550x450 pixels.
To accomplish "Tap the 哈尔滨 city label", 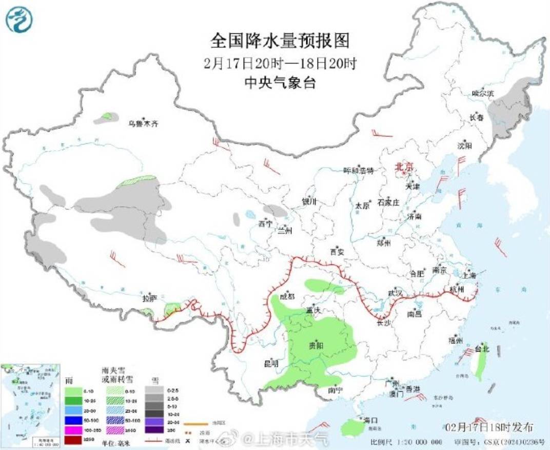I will [x=483, y=94].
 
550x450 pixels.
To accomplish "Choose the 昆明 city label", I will [x=270, y=363].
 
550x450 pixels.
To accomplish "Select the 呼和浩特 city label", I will [x=358, y=170].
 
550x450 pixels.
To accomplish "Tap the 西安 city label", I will [x=337, y=252].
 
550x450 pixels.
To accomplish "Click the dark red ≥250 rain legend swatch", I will [x=74, y=440].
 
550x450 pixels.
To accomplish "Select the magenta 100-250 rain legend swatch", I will [x=74, y=431].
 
